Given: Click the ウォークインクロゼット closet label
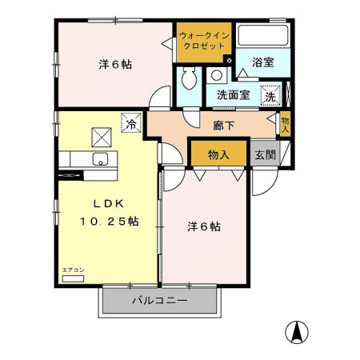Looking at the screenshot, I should coord(203,42).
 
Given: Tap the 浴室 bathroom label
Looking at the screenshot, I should coord(263,62).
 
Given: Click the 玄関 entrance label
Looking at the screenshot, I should coord(265,154).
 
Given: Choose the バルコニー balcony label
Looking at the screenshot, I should coord(159,302).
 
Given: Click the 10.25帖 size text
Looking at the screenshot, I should coord(109,222).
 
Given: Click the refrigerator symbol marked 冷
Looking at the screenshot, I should coord(130,123).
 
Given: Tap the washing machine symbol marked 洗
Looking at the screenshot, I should coord(270,94).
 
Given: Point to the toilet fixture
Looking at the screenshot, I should coord(190,80).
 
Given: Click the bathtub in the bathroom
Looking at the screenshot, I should coord(263,37).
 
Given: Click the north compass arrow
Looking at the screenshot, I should coord(298,330).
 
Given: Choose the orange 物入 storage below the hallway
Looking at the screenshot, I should coord(218,154).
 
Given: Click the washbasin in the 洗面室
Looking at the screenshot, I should coord(217,77).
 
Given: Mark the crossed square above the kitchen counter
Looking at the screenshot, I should coord(101,134).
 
